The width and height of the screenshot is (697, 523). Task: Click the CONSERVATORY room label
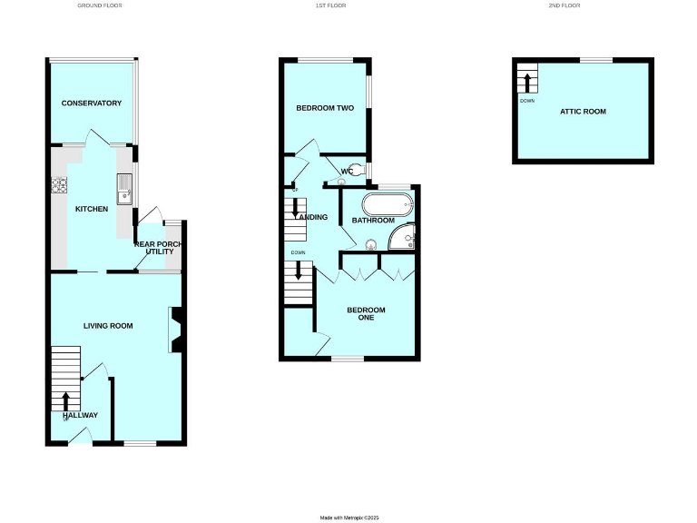[x=91, y=103]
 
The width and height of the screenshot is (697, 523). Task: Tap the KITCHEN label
[x=91, y=209]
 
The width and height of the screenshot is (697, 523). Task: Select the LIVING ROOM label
[x=108, y=325]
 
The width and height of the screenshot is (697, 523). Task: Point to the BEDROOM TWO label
[x=324, y=108]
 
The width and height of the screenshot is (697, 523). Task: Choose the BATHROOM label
[x=373, y=221]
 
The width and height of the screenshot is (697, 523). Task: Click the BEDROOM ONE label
[x=366, y=314]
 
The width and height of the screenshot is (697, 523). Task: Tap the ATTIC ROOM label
[x=583, y=111]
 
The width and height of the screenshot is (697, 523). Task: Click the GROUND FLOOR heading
[x=100, y=5]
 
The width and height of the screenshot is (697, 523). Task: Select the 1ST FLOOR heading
[x=329, y=5]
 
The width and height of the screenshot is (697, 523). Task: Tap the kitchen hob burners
[x=61, y=185]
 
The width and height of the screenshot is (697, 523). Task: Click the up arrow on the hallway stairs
[x=65, y=400]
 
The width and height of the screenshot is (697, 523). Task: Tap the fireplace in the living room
[x=175, y=330]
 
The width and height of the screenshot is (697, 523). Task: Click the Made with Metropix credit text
[x=348, y=518]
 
